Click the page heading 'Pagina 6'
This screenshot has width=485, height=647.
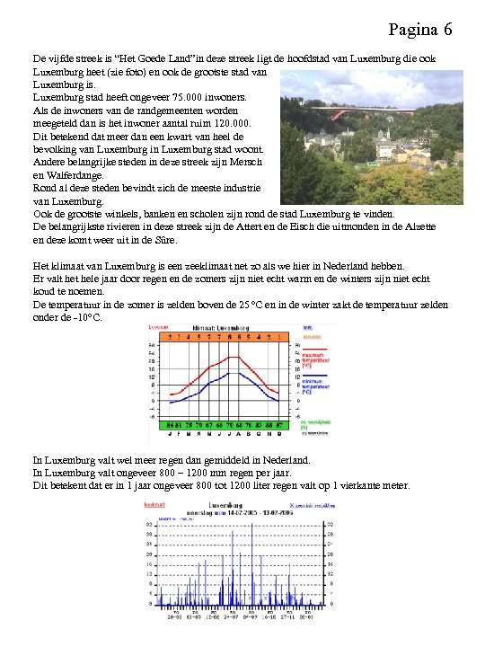[x=420, y=30]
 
